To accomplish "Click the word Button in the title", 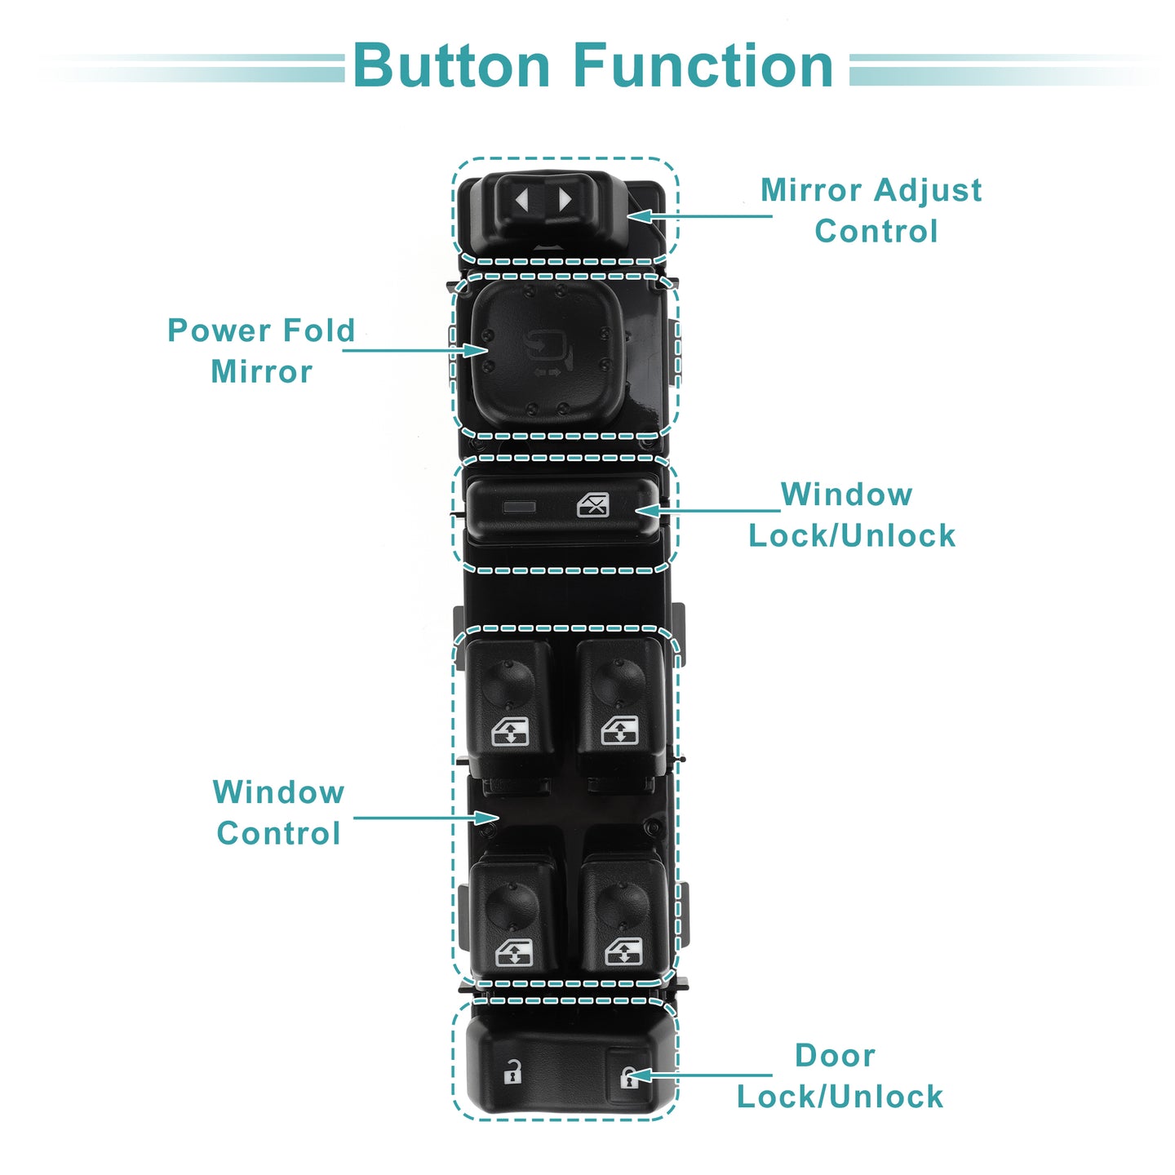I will (451, 66).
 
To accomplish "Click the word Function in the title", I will (703, 66).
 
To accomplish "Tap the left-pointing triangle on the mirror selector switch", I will (522, 200).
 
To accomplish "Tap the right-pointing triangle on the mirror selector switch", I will (564, 200).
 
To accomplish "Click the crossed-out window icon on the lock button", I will (593, 505).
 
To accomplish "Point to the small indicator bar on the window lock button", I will (520, 507).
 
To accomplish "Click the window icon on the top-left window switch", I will (510, 731).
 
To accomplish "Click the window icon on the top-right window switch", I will (620, 731).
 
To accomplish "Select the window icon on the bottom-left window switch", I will (514, 952).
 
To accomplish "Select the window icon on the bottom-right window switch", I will (624, 952).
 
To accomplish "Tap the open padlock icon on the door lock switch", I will (512, 1071).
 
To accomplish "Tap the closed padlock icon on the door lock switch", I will (628, 1077).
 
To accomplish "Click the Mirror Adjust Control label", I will (871, 211).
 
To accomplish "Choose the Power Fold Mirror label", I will (261, 351).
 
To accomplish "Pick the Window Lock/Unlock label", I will (851, 515).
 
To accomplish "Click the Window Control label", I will (278, 813).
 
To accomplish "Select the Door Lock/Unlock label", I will (840, 1075).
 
